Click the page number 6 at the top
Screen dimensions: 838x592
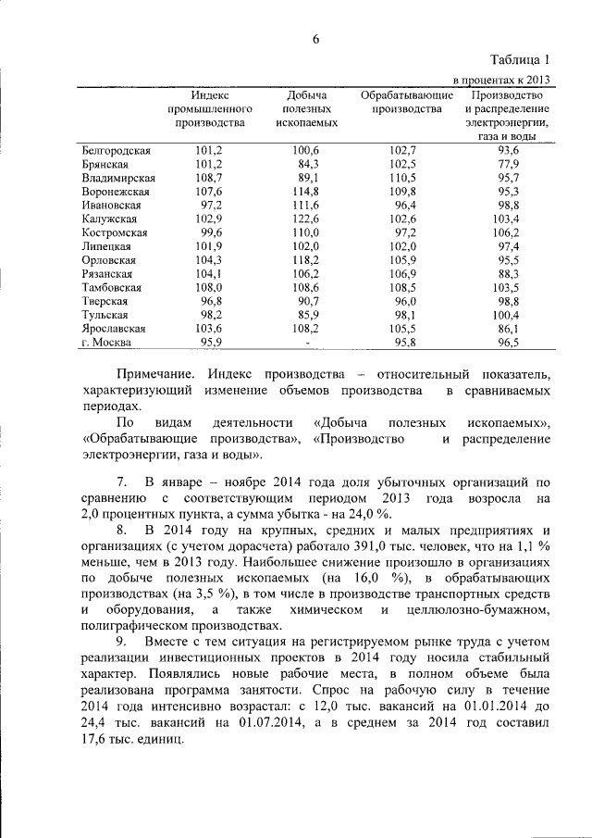click(314, 38)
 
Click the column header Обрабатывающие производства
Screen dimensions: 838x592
click(406, 102)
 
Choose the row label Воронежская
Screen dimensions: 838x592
click(116, 191)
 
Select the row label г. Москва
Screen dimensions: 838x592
click(106, 342)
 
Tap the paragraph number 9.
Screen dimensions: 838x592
click(121, 642)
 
